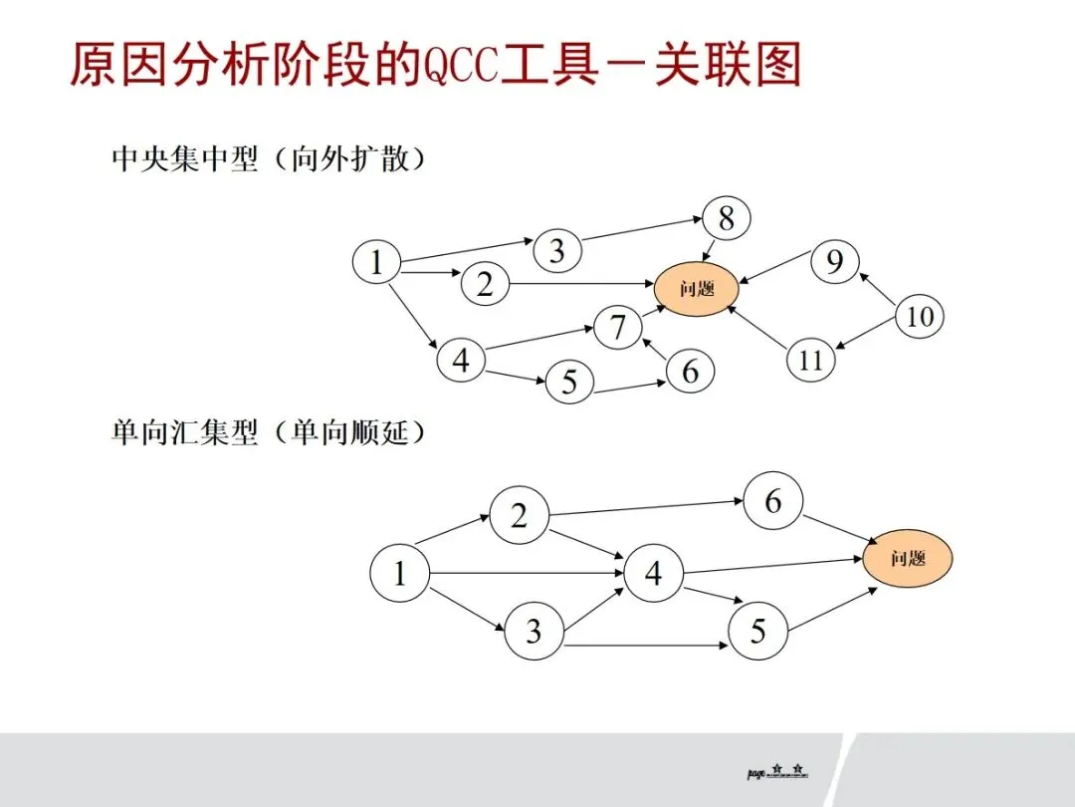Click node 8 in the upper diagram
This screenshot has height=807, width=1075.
pos(726,218)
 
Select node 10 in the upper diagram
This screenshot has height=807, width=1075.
pos(920,318)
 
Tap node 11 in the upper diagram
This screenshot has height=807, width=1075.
pos(811,360)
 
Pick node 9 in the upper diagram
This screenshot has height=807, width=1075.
pos(834,262)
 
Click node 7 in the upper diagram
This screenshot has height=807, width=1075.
pos(618,328)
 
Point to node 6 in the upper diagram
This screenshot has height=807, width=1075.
pos(690,371)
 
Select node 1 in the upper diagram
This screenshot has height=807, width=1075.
pos(376,263)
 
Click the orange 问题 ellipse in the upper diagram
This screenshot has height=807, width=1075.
pos(697,290)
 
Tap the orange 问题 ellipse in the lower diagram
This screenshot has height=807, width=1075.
pos(907,558)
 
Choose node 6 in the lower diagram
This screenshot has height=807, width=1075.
pos(772,502)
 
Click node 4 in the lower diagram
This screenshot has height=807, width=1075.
pos(653,574)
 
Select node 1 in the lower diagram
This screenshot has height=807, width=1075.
pos(399,574)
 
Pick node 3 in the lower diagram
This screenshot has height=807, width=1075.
pos(534,631)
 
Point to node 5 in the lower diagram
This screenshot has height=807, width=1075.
pos(757,631)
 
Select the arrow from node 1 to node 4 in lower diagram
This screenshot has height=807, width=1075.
pos(528,574)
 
